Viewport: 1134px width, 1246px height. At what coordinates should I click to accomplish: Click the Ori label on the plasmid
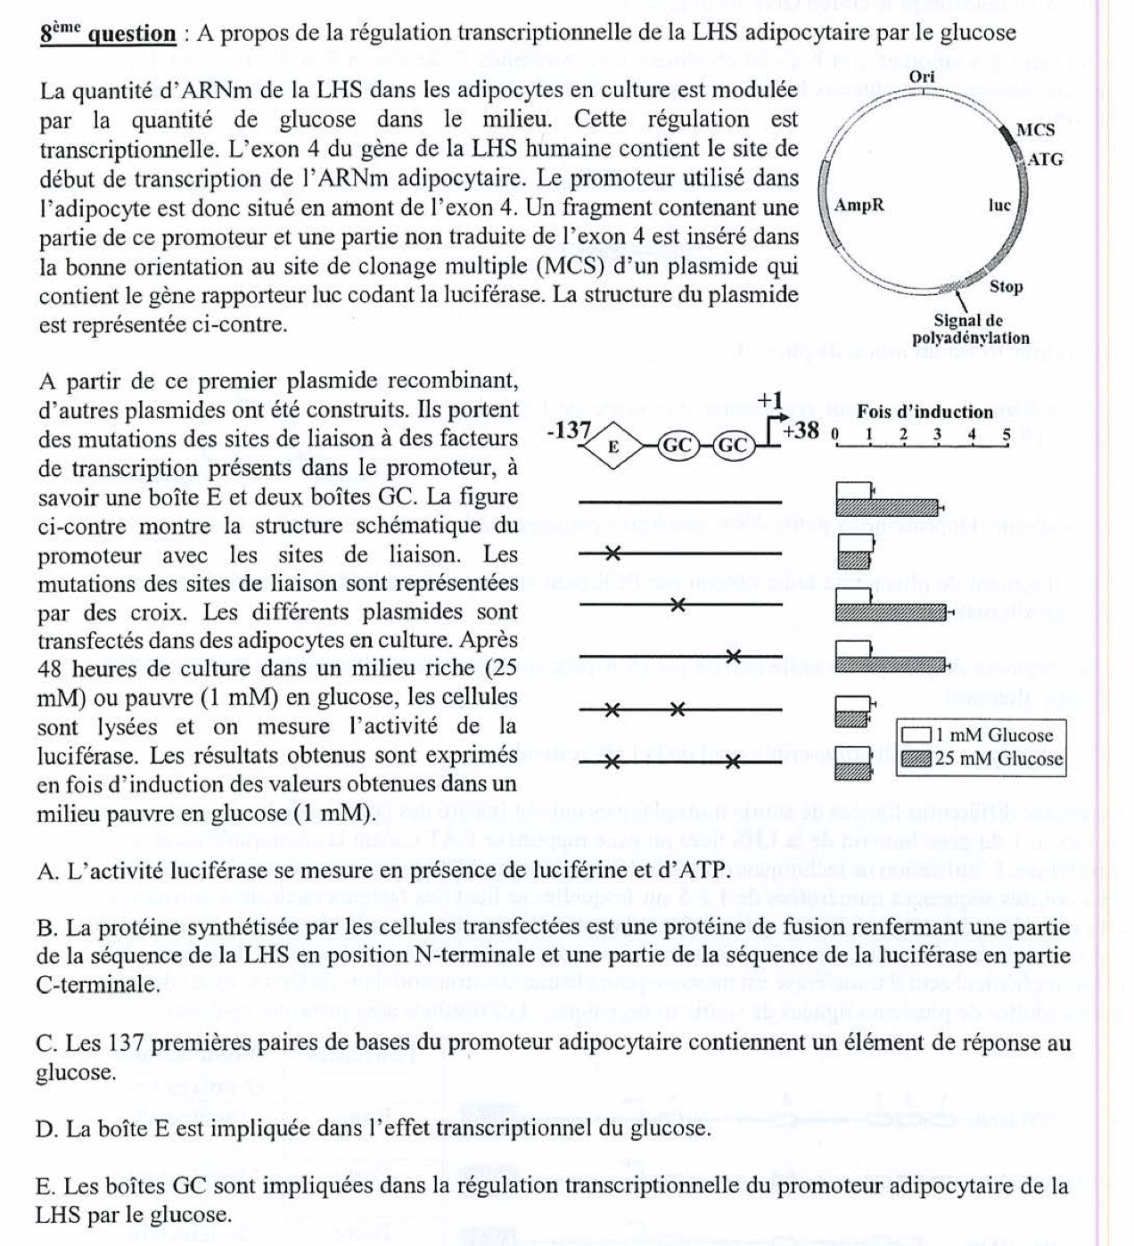click(922, 77)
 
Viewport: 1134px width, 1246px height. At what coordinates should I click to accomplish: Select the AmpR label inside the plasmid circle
click(859, 206)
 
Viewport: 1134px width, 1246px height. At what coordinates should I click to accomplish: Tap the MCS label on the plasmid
click(1036, 130)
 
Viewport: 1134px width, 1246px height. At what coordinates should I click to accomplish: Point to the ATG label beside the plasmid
click(1045, 160)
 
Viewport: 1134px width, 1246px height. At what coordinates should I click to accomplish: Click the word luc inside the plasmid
click(999, 206)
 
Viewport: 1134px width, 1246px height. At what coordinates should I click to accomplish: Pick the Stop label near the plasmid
click(1006, 287)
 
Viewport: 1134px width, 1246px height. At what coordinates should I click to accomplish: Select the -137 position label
click(568, 430)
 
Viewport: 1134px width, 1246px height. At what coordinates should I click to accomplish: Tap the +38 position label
click(801, 430)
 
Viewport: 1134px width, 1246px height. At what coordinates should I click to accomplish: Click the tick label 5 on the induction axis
click(1007, 436)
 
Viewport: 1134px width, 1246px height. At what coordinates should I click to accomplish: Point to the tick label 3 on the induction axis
click(937, 436)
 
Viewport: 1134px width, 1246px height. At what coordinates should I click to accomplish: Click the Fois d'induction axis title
click(924, 412)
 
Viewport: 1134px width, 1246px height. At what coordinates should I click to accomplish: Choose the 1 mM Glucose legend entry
click(981, 735)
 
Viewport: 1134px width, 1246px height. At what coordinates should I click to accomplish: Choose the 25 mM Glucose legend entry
click(981, 759)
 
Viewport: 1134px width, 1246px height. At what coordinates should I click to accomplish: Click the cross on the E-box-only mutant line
click(612, 554)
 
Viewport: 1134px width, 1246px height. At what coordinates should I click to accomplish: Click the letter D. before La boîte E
click(46, 1129)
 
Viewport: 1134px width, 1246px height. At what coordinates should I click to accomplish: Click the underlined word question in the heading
click(132, 34)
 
